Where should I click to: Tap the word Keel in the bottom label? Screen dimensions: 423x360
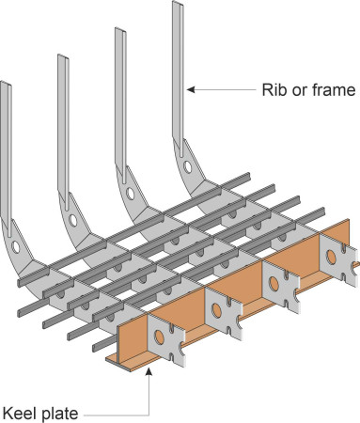[x=22, y=412]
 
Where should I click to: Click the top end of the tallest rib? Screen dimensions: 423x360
[x=178, y=6]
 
